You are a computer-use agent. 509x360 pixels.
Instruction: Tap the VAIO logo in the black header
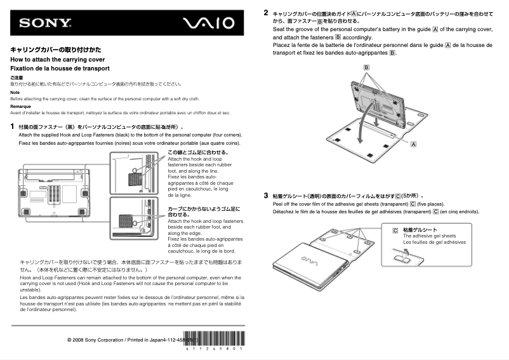click(x=208, y=23)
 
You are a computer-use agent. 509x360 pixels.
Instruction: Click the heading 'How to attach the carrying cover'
click(x=58, y=59)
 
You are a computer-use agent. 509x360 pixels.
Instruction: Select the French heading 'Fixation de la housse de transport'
click(x=60, y=69)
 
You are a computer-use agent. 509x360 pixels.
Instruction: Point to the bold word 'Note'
click(x=15, y=92)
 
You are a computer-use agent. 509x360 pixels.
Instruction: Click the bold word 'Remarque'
click(x=20, y=106)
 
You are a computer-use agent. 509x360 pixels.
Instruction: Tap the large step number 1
click(x=13, y=126)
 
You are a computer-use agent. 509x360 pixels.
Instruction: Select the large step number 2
click(x=266, y=12)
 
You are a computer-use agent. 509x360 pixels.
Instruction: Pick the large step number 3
click(x=266, y=196)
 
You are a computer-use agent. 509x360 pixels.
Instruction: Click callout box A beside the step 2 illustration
click(x=414, y=144)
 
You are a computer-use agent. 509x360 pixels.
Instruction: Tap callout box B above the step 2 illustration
click(x=366, y=67)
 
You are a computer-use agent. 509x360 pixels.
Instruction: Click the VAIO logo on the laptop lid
click(x=307, y=260)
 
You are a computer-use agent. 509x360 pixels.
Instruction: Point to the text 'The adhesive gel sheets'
click(x=429, y=236)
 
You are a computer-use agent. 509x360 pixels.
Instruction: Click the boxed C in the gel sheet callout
click(x=395, y=230)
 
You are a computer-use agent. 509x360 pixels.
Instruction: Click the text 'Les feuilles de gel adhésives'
click(x=434, y=242)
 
